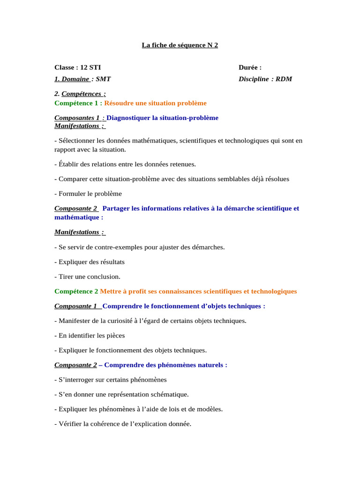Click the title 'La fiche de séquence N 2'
tap(180, 45)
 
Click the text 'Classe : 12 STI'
tap(77, 67)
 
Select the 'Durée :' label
tap(250, 67)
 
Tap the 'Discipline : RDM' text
tap(265, 79)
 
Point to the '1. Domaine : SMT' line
tap(82, 79)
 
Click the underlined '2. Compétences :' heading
tap(80, 94)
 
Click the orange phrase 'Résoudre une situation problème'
tap(155, 103)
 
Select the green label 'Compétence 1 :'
tap(78, 103)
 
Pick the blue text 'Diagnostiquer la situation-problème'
tap(162, 118)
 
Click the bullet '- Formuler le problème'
tap(88, 194)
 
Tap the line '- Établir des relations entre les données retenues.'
tap(125, 164)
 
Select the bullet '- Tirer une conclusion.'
tap(88, 277)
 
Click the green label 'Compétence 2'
tap(76, 291)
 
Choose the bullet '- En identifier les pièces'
tap(90, 336)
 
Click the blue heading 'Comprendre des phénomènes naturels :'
tap(165, 365)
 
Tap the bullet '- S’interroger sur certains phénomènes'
tap(111, 380)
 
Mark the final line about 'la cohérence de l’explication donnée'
tap(123, 424)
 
